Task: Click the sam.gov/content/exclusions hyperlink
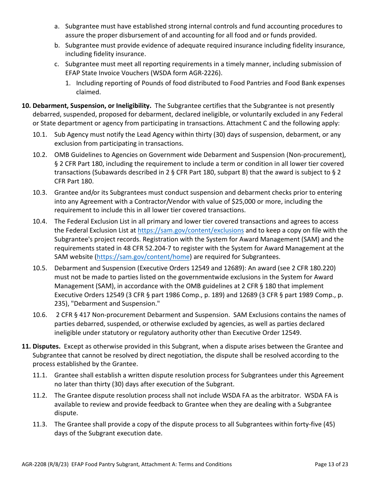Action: [190, 231]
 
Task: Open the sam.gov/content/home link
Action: [143, 257]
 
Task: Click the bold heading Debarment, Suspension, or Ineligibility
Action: [92, 106]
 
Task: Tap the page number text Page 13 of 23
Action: [331, 464]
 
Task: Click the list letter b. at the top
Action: [57, 46]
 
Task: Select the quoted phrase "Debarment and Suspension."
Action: [120, 304]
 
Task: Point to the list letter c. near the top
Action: [57, 64]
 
